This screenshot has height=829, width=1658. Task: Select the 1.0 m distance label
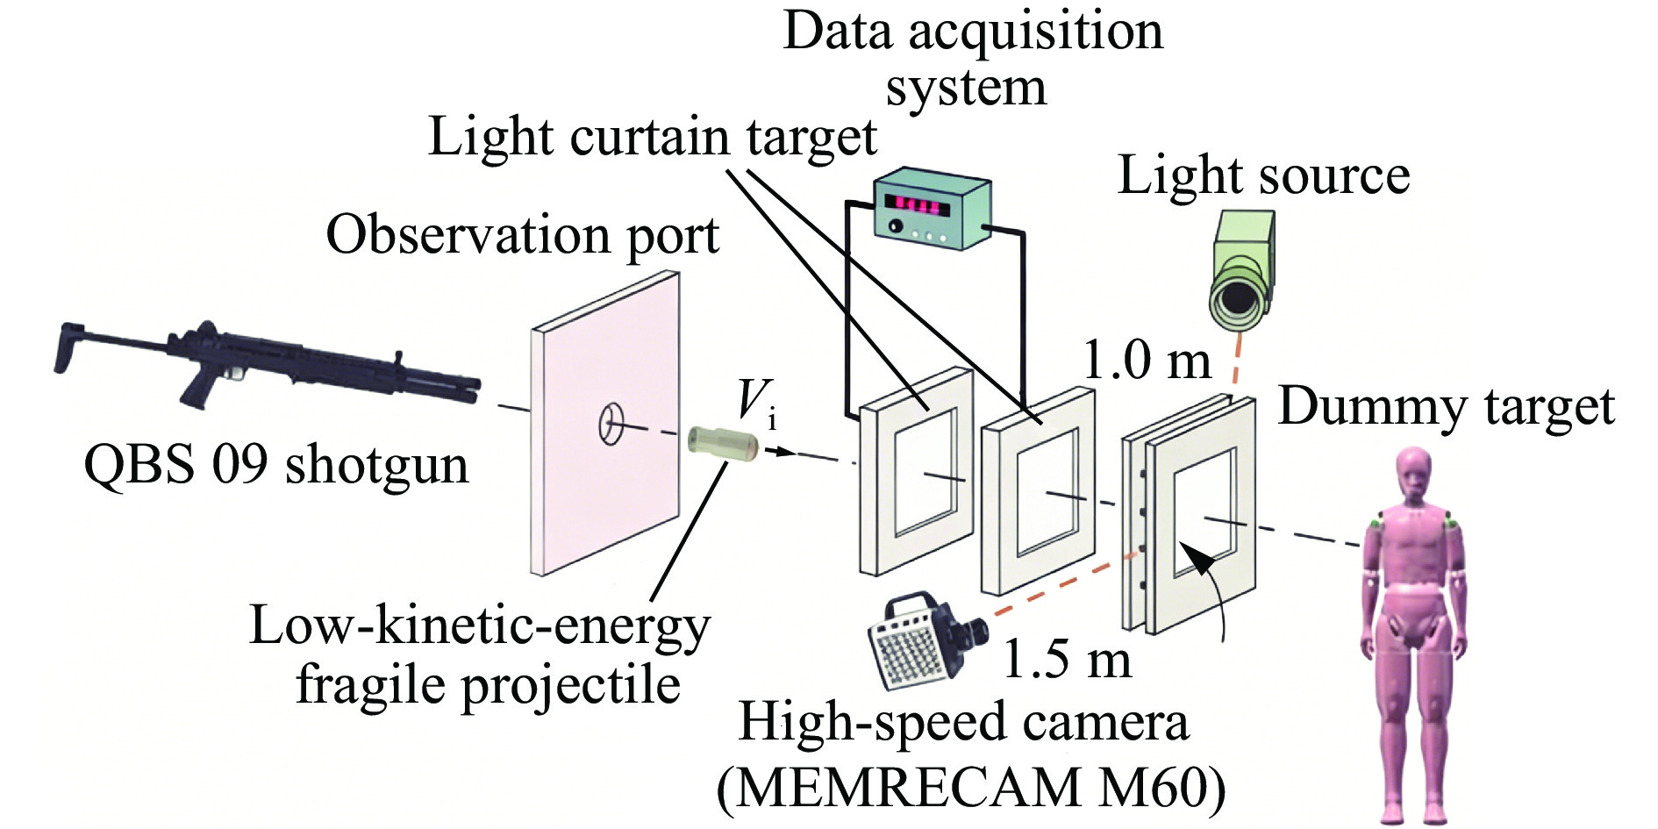click(x=1147, y=360)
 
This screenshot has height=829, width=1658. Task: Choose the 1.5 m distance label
click(x=1067, y=659)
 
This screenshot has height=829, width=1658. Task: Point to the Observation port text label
click(x=523, y=237)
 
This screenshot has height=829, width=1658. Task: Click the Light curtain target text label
click(x=653, y=139)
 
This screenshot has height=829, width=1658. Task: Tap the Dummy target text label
click(x=1446, y=409)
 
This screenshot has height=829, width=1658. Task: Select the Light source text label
click(x=1264, y=175)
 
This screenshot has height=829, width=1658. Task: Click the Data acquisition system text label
click(x=973, y=59)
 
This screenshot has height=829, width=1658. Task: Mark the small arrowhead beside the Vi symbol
click(x=788, y=453)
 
